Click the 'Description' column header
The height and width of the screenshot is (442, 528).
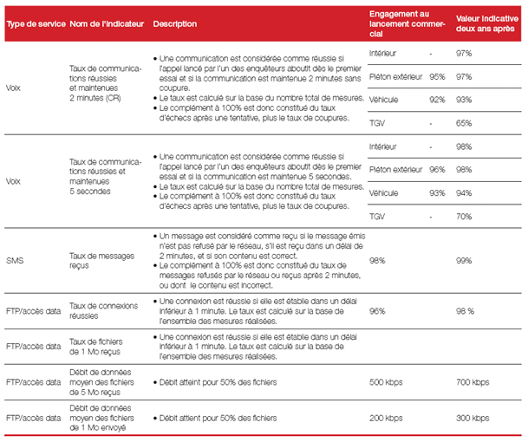[x=175, y=24]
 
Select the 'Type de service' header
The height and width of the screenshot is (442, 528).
[x=36, y=24]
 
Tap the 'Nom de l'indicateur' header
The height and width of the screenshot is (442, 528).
[x=107, y=24]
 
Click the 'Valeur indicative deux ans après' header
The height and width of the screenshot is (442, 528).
[x=487, y=23]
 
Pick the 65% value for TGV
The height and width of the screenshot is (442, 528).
[x=464, y=123]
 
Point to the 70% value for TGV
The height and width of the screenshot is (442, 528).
[x=464, y=217]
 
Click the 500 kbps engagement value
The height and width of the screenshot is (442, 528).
[x=386, y=382]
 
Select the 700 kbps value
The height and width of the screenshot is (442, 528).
[x=473, y=382]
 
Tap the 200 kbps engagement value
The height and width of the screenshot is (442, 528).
[x=386, y=418]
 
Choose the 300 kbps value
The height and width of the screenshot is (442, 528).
[x=473, y=418]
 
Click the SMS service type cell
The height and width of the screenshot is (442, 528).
[x=15, y=261]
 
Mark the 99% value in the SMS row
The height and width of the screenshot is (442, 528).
[x=464, y=261]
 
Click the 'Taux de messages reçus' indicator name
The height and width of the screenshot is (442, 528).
[x=101, y=261]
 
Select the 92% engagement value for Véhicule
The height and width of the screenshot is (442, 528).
[x=437, y=100]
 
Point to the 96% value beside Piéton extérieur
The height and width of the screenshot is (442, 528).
[x=437, y=170]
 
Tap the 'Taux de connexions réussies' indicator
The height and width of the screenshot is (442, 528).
[x=104, y=311]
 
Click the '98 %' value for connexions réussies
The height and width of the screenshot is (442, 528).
[x=465, y=311]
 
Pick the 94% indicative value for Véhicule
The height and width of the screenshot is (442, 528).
[x=464, y=193]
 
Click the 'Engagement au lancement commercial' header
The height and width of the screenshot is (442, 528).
[x=407, y=23]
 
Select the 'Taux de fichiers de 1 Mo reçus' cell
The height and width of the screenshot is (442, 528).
[x=96, y=347]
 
